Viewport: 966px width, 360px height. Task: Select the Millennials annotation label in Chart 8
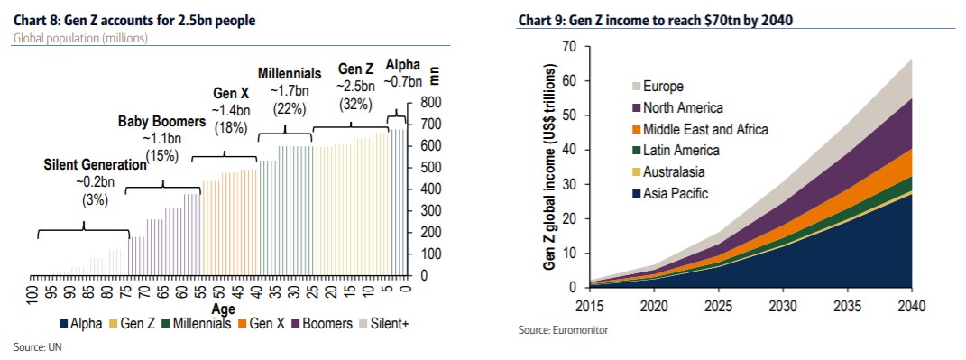[x=290, y=73]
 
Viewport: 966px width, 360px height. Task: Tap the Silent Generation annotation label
[x=95, y=165]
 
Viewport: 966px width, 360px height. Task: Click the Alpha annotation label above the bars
[x=401, y=65]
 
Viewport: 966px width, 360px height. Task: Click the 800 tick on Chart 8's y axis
[x=429, y=102]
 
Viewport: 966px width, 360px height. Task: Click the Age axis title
[x=223, y=308]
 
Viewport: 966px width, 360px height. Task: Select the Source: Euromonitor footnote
[x=563, y=330]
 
